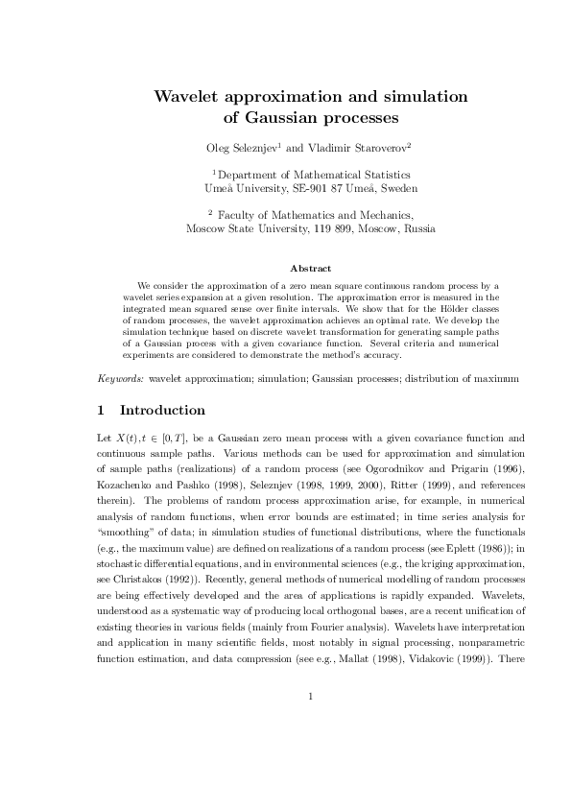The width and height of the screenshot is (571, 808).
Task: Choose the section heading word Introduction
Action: coord(162,411)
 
